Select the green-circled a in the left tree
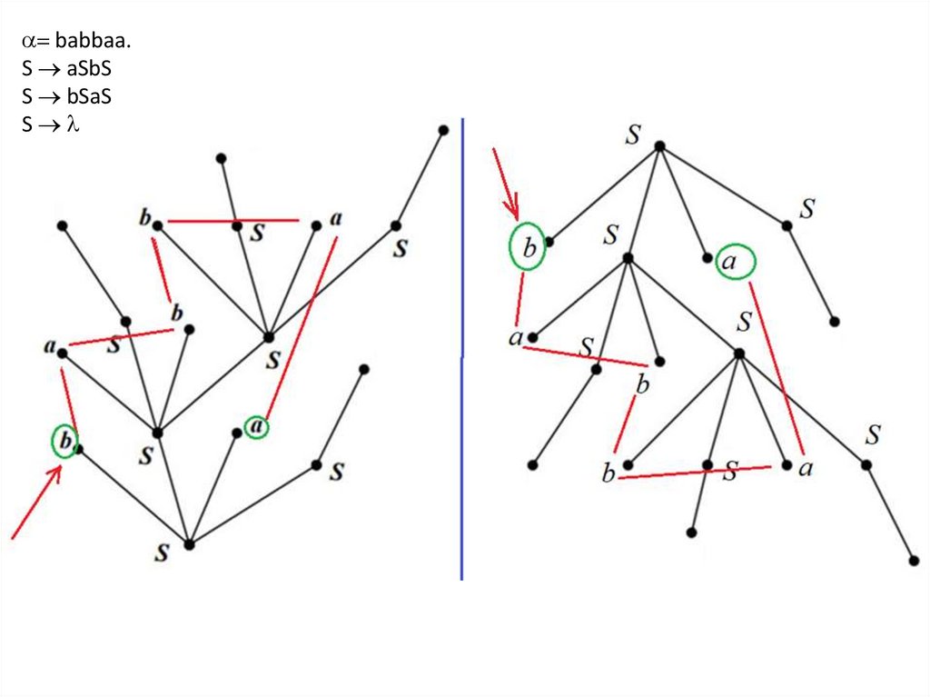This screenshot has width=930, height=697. point(257,426)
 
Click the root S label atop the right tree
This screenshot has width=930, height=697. point(633,135)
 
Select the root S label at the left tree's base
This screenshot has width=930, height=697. point(162,552)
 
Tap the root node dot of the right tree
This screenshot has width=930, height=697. point(660,145)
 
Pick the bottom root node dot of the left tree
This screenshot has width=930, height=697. point(189,544)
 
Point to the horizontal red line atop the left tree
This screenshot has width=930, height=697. point(233,220)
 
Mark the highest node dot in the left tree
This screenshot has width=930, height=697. point(443,130)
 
